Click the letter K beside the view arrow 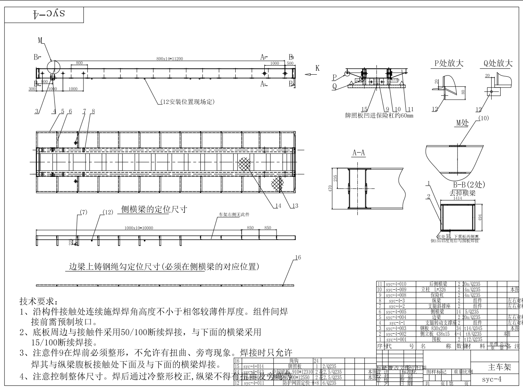pos(317,68)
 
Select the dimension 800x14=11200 pos(170,59)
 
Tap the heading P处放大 pos(449,64)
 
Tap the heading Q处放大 pos(498,64)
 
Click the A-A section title pos(359,154)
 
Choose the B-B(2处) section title pos(469,185)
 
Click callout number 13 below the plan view pos(294,205)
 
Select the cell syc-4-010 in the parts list pos(395,284)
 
